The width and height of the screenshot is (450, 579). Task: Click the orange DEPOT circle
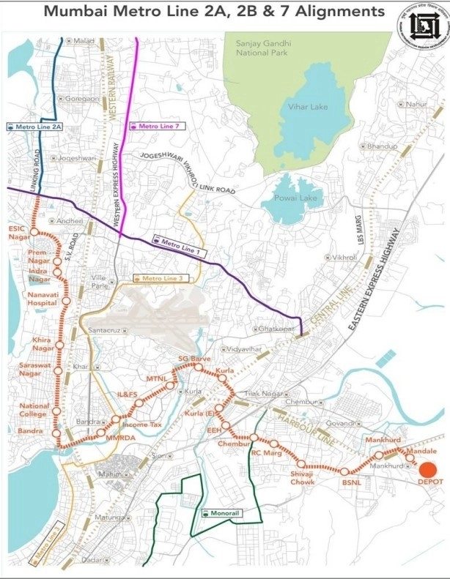(428, 469)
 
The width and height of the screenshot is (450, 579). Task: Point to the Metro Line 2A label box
(34, 127)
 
